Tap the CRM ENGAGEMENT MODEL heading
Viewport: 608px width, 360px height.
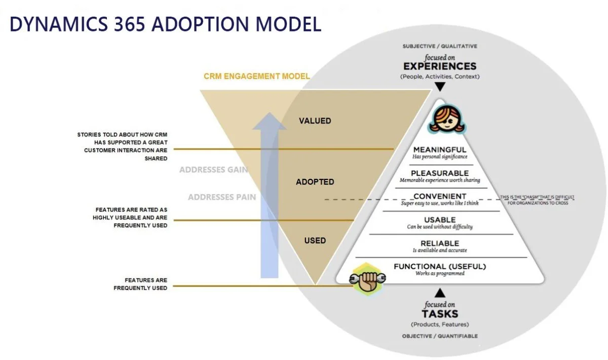coord(256,77)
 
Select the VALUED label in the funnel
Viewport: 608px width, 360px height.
coord(315,121)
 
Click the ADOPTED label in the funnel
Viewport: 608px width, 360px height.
coord(315,182)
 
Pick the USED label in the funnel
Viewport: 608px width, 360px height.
coord(315,240)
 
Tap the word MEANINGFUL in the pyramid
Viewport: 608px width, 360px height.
coord(439,150)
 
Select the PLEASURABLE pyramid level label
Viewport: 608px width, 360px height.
coord(439,173)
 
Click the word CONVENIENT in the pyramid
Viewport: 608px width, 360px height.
coord(439,196)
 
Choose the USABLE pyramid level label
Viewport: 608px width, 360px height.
coord(439,220)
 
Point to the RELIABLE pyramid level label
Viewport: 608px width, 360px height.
coord(439,243)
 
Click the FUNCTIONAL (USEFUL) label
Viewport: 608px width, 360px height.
coord(439,266)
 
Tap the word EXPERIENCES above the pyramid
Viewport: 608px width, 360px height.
coord(439,66)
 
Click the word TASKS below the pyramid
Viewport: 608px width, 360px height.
coord(439,314)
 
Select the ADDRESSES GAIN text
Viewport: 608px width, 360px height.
coord(213,170)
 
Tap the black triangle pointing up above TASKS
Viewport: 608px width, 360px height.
coord(439,292)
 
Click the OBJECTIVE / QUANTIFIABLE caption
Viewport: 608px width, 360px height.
coord(439,336)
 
